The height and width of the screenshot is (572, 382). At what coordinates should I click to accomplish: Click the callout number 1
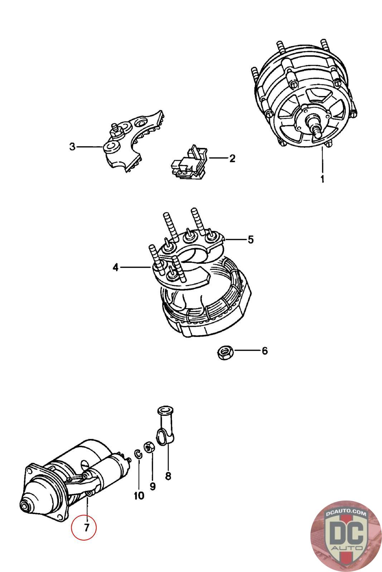coord(322,179)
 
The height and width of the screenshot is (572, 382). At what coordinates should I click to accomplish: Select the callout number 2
coord(232,158)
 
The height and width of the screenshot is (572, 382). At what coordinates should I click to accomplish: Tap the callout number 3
coord(72,147)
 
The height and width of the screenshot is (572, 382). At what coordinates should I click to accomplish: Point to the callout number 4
coord(115,267)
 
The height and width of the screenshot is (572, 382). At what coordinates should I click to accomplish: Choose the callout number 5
coord(251,240)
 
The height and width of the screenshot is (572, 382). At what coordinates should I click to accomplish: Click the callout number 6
coord(265,351)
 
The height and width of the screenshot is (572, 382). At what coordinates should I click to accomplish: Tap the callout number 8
coord(168,476)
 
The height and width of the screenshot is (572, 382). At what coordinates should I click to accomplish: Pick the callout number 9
coord(153,486)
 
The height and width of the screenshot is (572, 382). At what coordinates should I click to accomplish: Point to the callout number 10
coord(139,495)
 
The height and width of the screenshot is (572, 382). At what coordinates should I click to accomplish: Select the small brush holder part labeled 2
coord(188,163)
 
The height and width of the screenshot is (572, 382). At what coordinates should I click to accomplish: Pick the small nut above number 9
coord(149,447)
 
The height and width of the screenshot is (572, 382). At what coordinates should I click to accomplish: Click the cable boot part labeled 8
coord(165,425)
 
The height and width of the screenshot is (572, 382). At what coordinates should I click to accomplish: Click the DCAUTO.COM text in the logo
coord(346,513)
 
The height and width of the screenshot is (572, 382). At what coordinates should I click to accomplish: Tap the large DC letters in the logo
coord(345,533)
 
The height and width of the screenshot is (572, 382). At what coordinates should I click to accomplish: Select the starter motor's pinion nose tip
coord(25,507)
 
